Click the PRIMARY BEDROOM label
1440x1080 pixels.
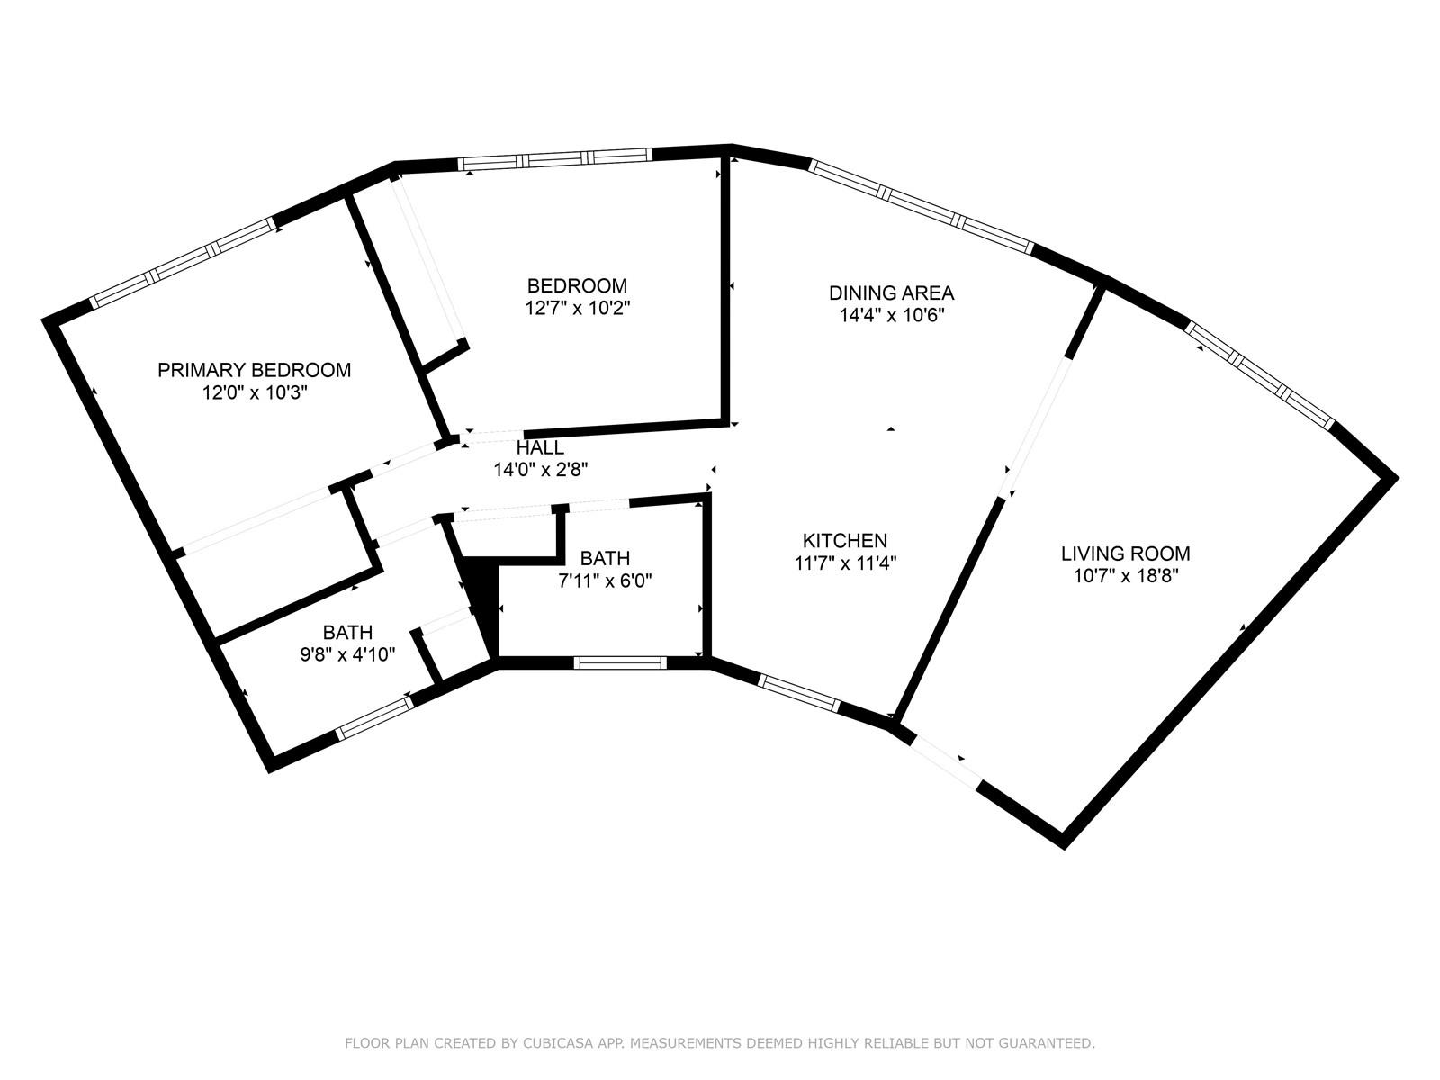pos(254,370)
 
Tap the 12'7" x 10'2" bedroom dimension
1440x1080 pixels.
pos(577,308)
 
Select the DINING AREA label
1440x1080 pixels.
pos(892,292)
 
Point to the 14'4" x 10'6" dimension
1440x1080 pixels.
pos(892,315)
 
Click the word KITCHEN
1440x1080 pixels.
pos(845,540)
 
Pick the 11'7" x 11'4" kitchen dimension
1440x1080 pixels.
pos(845,563)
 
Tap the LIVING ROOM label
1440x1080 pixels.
pos(1126,553)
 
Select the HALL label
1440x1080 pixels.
pos(540,447)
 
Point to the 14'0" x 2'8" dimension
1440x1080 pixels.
pos(541,470)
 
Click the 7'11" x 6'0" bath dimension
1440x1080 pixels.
pos(605,581)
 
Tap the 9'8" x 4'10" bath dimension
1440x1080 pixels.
pos(347,654)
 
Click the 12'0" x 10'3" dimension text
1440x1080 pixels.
pos(255,392)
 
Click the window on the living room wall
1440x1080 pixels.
pos(1260,375)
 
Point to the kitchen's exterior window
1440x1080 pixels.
pos(799,693)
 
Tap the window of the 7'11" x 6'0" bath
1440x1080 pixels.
pos(620,662)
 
